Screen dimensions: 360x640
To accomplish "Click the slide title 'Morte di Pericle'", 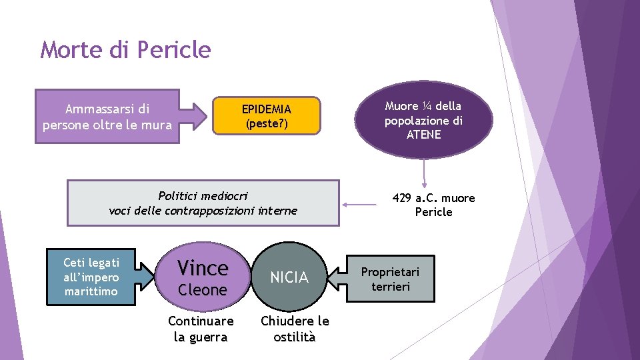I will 125,50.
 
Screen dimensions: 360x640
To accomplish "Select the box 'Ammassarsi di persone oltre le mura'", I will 107,117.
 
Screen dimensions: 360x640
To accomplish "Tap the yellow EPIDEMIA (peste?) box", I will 267,116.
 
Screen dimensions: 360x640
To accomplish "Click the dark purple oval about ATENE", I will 423,121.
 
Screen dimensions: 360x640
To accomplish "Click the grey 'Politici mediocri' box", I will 203,203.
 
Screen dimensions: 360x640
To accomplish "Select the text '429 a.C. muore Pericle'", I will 433,205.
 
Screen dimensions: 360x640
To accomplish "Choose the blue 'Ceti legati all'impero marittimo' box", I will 91,277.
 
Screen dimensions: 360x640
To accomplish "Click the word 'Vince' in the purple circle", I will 203,268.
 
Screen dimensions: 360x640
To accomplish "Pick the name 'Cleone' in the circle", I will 203,290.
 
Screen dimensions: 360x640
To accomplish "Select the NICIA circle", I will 289,277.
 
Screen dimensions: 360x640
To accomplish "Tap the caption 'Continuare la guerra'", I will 201,329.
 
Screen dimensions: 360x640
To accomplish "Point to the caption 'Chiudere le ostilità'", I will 295,329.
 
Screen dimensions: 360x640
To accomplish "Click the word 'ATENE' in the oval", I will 423,135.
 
